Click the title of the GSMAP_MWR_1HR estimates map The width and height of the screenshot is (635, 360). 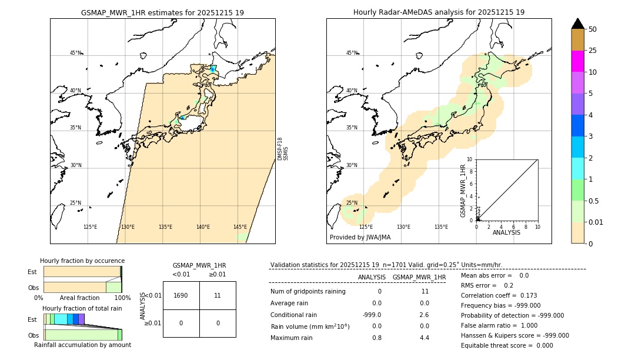(x=162, y=12)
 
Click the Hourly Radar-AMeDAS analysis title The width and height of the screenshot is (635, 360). (x=439, y=12)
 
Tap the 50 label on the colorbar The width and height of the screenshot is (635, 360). (x=593, y=29)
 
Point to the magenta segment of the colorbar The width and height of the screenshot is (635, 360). (x=578, y=61)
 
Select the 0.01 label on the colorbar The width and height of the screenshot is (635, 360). (x=597, y=222)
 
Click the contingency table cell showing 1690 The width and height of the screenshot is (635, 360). (x=181, y=295)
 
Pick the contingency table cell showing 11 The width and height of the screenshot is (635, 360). (x=218, y=295)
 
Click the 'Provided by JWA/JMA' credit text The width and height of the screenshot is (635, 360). (x=360, y=238)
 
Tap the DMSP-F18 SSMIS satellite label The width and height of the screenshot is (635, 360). (x=283, y=149)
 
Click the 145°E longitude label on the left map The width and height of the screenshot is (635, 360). (x=240, y=227)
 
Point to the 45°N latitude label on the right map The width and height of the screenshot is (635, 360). (x=352, y=54)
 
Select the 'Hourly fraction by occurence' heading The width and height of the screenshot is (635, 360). (x=82, y=261)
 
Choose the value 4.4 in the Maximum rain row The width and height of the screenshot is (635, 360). (x=424, y=338)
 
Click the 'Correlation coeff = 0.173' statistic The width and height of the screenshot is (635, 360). (x=499, y=295)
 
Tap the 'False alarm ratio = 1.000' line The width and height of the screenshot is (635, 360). (x=499, y=325)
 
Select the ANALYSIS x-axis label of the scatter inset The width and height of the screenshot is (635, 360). (x=507, y=233)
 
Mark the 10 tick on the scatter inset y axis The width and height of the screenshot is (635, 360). (x=470, y=159)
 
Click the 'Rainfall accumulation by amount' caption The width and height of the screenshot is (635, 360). (x=82, y=345)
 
